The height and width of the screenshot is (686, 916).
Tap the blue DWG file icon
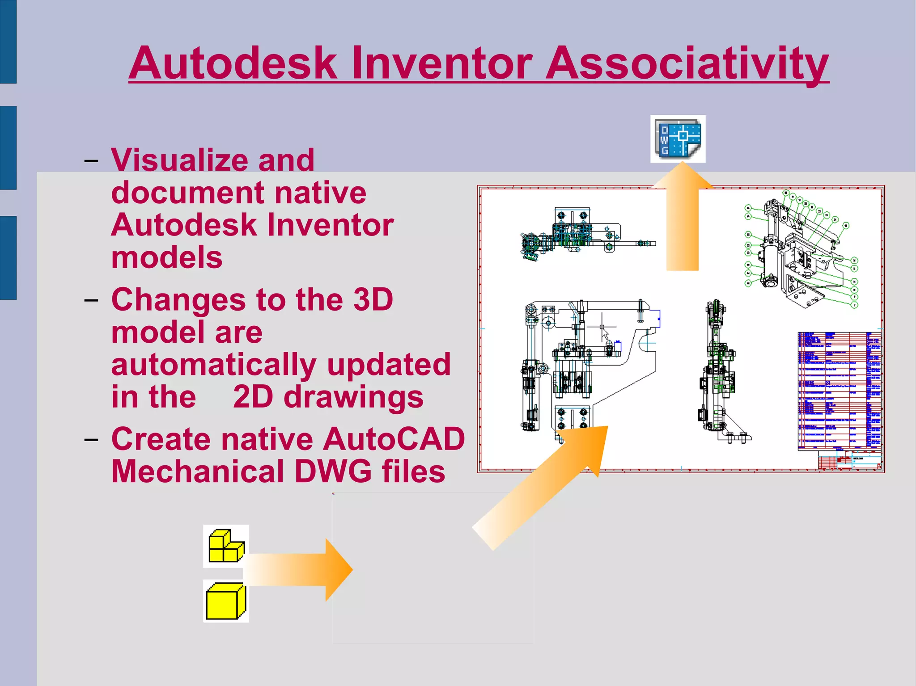[678, 139]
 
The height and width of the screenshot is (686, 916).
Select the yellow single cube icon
[226, 601]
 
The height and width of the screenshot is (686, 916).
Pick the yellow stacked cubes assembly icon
[226, 546]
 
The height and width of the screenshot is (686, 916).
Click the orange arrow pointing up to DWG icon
[682, 223]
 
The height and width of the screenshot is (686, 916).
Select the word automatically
[214, 364]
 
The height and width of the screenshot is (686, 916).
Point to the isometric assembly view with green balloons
[798, 253]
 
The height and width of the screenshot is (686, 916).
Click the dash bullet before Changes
[91, 300]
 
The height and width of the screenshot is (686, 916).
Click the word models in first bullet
[167, 257]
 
